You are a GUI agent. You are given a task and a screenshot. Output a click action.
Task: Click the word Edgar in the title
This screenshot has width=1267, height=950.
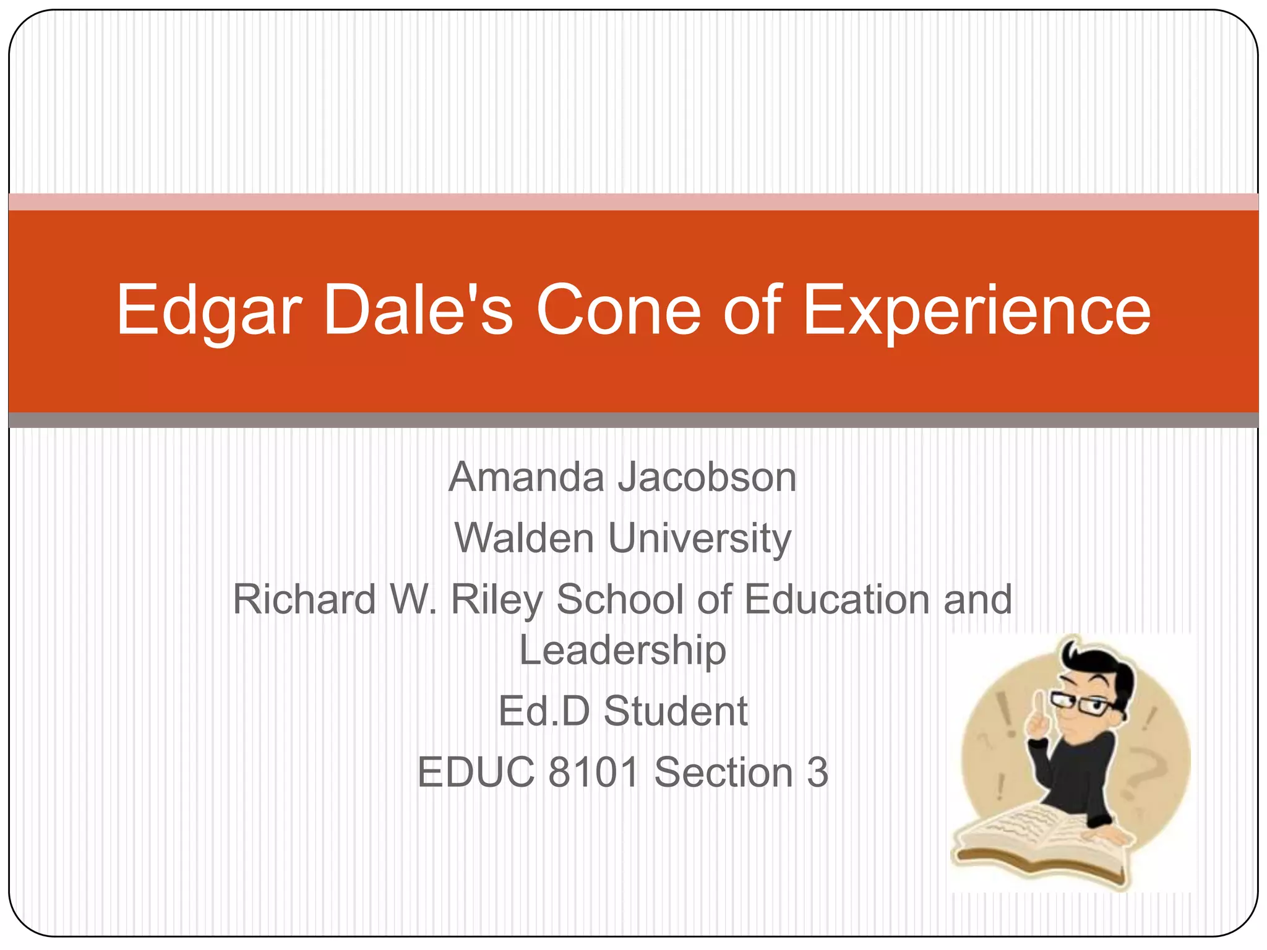(x=209, y=310)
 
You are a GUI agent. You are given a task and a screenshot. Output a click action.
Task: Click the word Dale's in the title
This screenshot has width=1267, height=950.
(x=418, y=310)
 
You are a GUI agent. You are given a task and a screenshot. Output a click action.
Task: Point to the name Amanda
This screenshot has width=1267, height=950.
(x=526, y=477)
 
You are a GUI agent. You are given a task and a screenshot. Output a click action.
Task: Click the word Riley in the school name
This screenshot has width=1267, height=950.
(x=497, y=600)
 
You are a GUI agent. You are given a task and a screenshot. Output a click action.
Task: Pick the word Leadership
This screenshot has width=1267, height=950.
(x=622, y=651)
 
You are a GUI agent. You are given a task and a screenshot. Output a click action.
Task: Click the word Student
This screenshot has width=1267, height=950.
(x=676, y=711)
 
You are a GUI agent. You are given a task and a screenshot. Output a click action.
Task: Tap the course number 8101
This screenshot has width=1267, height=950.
(x=593, y=772)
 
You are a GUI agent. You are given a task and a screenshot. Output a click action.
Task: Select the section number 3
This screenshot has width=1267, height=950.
(x=817, y=772)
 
